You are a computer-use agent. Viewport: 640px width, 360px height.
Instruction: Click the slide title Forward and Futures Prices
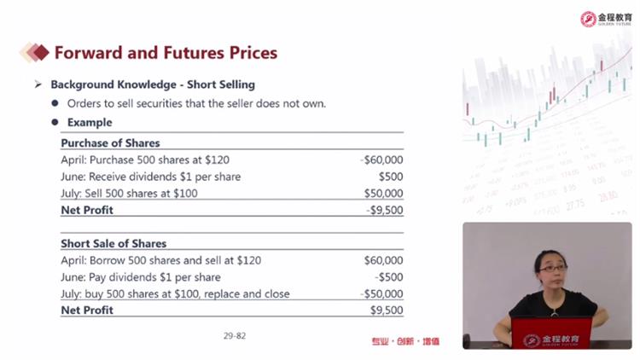(166, 53)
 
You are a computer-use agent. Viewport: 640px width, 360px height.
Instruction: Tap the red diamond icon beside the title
(40, 52)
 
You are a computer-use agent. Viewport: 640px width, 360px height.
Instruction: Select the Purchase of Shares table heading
(110, 143)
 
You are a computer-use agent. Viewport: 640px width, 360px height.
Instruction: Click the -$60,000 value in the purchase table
(381, 160)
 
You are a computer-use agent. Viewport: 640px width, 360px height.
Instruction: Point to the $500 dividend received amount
(391, 177)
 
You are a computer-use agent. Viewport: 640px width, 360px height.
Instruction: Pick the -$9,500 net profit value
(385, 210)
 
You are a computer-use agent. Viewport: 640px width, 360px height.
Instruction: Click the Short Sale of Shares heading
(113, 244)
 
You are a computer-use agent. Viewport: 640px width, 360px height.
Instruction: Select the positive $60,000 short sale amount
(383, 260)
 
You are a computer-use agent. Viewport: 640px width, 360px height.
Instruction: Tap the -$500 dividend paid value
(389, 277)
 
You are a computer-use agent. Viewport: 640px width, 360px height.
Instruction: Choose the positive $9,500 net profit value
(387, 311)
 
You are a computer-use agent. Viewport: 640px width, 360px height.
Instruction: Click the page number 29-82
(235, 336)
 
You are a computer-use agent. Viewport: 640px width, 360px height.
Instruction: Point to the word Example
(90, 123)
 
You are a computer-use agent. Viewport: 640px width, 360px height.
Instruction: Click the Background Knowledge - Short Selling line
(153, 84)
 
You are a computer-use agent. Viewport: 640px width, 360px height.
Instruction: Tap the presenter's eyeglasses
(553, 269)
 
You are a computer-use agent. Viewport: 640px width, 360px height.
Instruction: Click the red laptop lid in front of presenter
(551, 334)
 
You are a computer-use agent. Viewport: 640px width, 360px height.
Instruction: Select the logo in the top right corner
(606, 19)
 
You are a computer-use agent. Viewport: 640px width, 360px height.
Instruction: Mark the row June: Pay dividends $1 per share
(141, 277)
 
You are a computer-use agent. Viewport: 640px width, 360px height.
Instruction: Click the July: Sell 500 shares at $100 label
(129, 194)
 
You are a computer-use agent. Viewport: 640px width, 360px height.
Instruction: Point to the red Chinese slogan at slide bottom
(405, 341)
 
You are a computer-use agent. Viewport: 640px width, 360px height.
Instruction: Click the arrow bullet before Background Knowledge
(38, 84)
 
